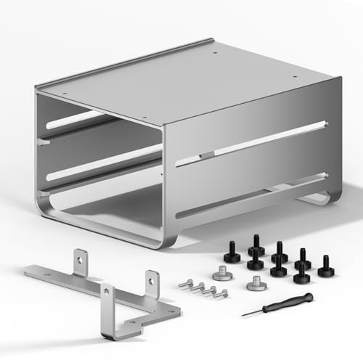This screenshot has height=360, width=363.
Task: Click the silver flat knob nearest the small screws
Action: click(222, 274)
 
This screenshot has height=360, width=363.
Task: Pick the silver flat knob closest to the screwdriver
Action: click(255, 285)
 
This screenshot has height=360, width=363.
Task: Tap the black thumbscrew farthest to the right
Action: click(325, 271)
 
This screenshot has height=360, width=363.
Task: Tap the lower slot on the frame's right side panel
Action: click(250, 196)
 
